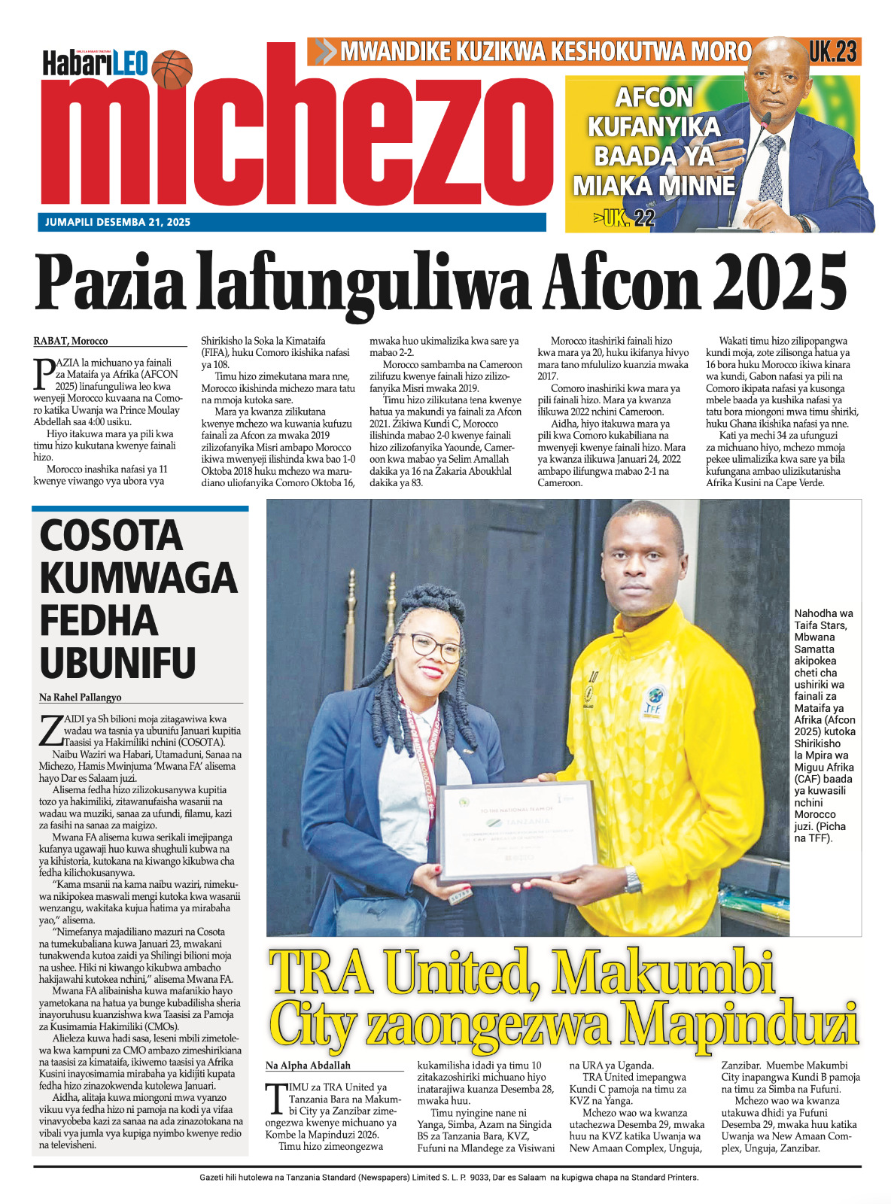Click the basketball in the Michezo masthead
pyautogui.click(x=172, y=68)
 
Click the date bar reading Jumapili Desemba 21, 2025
pyautogui.click(x=118, y=222)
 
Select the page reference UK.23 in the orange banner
pyautogui.click(x=833, y=51)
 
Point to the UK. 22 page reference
pyautogui.click(x=624, y=218)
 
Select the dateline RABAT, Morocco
pyautogui.click(x=71, y=341)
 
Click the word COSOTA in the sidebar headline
pyautogui.click(x=111, y=536)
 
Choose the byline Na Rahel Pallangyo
pyautogui.click(x=81, y=697)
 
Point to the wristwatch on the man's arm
pyautogui.click(x=633, y=878)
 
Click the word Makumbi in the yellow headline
pyautogui.click(x=663, y=972)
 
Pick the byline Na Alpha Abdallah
pyautogui.click(x=308, y=1066)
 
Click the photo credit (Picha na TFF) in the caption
pyautogui.click(x=820, y=832)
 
